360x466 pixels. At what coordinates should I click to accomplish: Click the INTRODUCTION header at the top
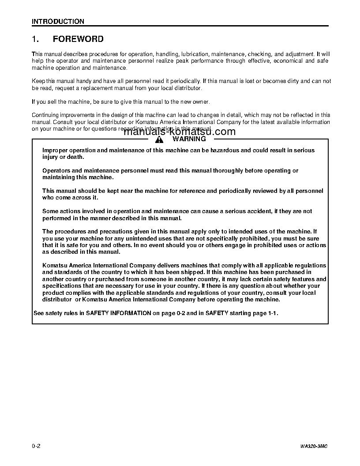coord(58,21)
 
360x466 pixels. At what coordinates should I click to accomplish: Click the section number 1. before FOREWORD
coord(36,39)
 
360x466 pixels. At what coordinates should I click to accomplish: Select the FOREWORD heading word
coord(78,39)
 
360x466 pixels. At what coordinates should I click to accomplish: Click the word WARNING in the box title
coord(189,139)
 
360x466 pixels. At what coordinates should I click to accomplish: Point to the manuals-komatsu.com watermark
coord(180,132)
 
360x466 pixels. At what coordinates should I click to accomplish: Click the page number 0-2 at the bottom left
coord(36,446)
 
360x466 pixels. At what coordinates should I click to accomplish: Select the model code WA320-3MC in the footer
coord(314,447)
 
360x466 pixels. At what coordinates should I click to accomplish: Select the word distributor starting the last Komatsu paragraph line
coord(57,300)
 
